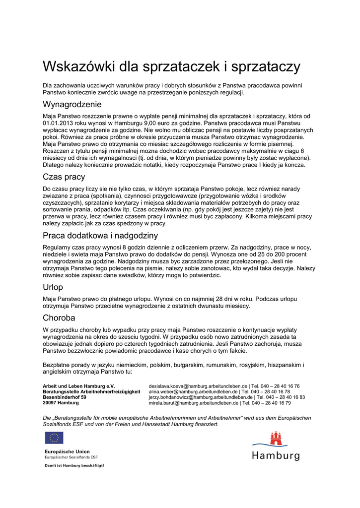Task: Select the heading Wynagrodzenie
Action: [x=72, y=105]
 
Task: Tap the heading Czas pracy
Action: [x=64, y=177]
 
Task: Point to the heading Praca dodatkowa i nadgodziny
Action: [x=100, y=235]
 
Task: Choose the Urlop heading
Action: [x=53, y=287]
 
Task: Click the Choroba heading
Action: [x=59, y=317]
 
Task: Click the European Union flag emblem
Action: [x=54, y=438]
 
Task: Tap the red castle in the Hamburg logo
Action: [x=276, y=439]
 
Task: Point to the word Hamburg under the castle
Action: [x=276, y=455]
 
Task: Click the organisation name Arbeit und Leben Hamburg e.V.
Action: [x=78, y=386]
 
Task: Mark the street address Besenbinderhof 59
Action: [x=65, y=397]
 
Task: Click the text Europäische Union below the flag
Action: [x=67, y=451]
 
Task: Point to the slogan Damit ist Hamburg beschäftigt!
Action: [x=74, y=466]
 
